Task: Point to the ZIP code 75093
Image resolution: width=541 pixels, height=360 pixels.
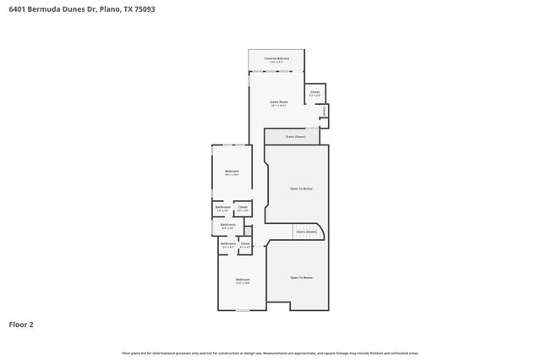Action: tap(144, 9)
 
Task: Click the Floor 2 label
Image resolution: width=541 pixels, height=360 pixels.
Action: tap(21, 324)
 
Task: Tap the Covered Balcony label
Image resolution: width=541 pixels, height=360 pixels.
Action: tap(277, 59)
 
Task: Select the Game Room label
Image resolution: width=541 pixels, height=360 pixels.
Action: tap(278, 102)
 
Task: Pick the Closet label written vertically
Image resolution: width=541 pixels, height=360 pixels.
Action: tap(324, 111)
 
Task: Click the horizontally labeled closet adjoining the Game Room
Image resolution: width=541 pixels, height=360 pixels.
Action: tap(314, 93)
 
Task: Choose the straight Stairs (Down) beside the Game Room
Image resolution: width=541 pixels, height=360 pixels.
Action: tap(293, 136)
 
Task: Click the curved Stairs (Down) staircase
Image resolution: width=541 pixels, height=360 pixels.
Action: tap(305, 232)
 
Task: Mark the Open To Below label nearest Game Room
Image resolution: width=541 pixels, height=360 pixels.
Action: tap(302, 188)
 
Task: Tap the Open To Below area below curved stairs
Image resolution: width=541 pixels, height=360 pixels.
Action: tap(302, 277)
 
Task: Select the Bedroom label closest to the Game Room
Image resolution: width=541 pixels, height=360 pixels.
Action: tap(232, 172)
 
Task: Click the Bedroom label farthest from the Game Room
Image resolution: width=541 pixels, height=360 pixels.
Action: tap(243, 280)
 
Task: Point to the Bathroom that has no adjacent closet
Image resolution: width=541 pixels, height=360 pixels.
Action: tap(228, 226)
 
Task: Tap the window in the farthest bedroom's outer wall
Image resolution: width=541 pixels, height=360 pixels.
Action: tap(243, 310)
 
